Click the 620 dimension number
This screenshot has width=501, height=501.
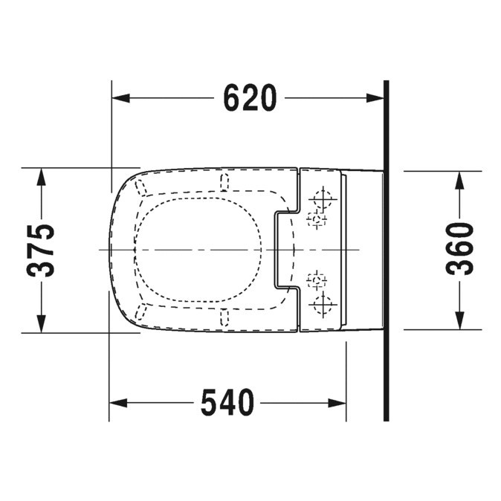tap(250, 98)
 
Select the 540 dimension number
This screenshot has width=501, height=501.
tap(227, 403)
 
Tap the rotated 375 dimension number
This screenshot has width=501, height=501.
tap(41, 250)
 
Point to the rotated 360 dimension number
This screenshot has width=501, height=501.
tap(459, 249)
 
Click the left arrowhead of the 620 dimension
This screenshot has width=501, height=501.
tap(120, 98)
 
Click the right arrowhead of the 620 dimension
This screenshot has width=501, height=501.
tap(375, 98)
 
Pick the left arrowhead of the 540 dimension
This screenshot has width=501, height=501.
tap(118, 403)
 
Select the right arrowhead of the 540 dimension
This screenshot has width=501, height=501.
tap(337, 403)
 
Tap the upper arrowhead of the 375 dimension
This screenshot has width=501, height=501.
tap(41, 177)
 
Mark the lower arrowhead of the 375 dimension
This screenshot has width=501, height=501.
tap(41, 323)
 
